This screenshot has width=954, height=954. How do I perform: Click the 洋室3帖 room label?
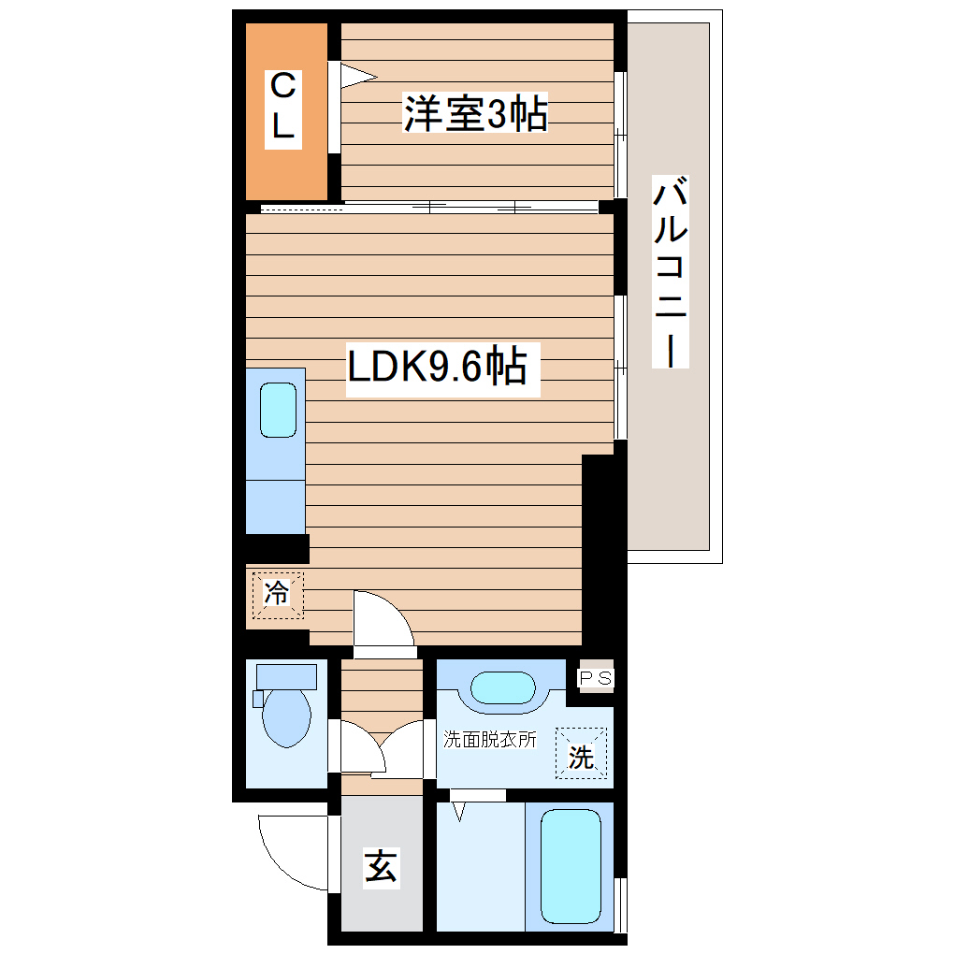coord(475,114)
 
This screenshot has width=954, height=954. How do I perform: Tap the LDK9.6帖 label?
coord(437,368)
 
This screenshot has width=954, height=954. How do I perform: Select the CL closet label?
coord(283,108)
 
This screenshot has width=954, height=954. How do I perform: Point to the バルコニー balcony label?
coord(671,272)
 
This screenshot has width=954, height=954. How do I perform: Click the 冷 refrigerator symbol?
coord(276,594)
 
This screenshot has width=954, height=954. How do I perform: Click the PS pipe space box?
coord(595,677)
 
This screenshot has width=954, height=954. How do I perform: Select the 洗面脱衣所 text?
coord(490,739)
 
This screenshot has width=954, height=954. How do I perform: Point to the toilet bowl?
coord(286,716)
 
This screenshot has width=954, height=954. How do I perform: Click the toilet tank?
coord(286,674)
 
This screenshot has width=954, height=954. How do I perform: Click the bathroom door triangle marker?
coord(458,810)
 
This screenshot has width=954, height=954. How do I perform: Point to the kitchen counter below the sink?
coord(276,506)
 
